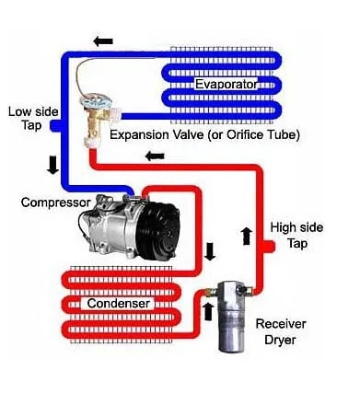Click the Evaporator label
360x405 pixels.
pyautogui.click(x=226, y=85)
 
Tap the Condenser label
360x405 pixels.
pyautogui.click(x=119, y=303)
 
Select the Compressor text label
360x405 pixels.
pyautogui.click(x=56, y=201)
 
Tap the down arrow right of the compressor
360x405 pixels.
pyautogui.click(x=210, y=251)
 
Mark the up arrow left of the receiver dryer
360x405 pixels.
pyautogui.click(x=206, y=311)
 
